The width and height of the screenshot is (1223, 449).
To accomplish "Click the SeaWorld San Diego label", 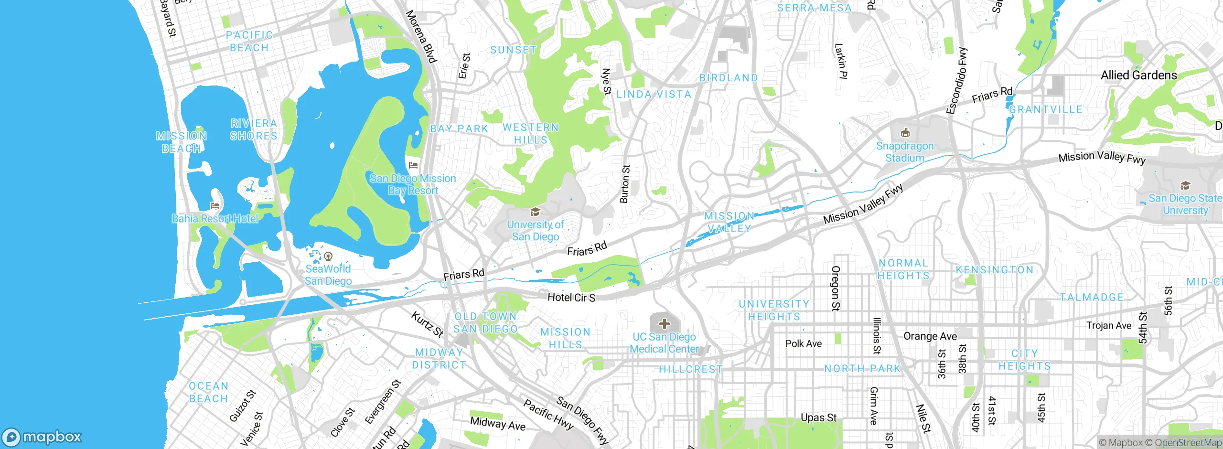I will tap(328, 275).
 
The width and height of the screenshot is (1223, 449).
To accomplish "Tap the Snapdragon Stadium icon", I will tap(905, 133).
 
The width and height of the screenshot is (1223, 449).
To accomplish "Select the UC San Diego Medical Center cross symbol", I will tap(664, 324).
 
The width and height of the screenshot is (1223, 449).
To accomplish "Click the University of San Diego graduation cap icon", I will tap(535, 212).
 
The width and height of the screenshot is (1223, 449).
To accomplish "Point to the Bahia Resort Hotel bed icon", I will tap(215, 206).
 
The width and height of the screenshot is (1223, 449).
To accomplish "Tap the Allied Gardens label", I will tap(1139, 75).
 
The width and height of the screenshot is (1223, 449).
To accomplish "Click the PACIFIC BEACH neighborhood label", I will tap(249, 42).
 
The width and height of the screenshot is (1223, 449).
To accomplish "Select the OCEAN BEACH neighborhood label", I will tap(208, 392).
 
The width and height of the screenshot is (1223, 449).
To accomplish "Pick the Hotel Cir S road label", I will tap(571, 298).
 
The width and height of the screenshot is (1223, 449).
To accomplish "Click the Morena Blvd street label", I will tap(421, 37).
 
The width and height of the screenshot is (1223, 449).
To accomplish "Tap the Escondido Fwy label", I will tap(957, 80).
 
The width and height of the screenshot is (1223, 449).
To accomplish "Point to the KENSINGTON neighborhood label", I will tap(995, 270).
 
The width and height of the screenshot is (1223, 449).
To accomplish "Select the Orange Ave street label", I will tap(930, 336).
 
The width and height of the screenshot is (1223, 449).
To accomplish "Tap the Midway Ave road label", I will tap(497, 424).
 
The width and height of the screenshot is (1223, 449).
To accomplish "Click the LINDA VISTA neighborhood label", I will tap(654, 95).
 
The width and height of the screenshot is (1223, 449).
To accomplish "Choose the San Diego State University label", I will tap(1185, 204).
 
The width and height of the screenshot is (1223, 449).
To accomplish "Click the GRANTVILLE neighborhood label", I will tap(1045, 109).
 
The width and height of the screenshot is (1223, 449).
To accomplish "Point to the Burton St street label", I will tap(625, 184).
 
